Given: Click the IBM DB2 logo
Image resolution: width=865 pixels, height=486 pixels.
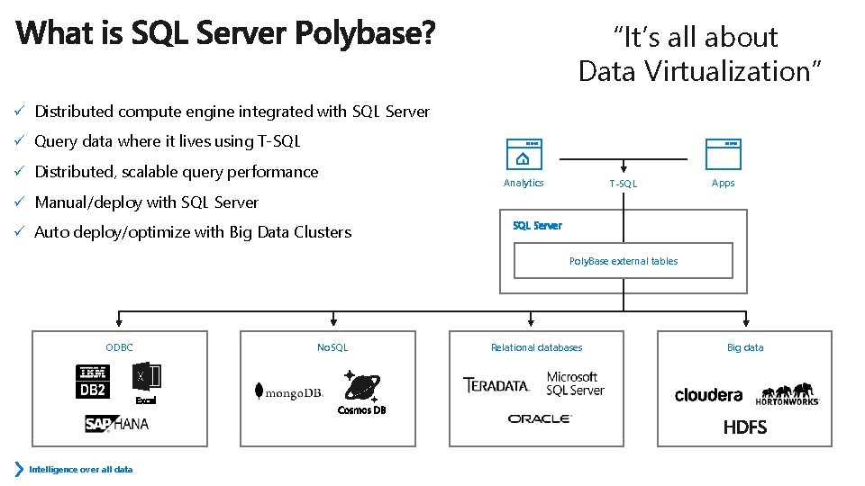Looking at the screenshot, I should point(92,381).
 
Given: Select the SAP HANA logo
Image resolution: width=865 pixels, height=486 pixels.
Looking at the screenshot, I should point(117,423).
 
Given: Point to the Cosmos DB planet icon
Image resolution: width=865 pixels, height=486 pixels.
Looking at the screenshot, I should point(362,387).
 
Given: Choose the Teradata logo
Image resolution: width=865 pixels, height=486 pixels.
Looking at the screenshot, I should point(496,385).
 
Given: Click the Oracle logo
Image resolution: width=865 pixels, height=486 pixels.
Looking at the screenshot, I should point(539,418).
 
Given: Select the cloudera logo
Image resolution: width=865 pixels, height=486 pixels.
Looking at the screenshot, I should point(708,395).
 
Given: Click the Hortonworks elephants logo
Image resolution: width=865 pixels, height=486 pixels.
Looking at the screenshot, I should point(788,395).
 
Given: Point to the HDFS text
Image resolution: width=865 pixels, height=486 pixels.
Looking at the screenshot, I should point(745,427).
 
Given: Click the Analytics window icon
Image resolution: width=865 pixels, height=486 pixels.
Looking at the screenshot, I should point(524,155).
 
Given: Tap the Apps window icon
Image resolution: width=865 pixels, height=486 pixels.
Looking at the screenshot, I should point(723,155).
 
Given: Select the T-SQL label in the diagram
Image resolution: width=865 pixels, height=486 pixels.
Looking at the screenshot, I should point(623,184).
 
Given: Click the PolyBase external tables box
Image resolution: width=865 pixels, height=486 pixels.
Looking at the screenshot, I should point(623,261).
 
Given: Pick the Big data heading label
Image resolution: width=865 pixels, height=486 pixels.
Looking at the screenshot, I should point(745,347).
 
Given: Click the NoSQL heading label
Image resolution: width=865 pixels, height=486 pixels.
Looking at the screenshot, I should point(332,347).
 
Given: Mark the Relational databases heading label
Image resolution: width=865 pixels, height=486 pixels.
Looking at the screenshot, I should point(536,347).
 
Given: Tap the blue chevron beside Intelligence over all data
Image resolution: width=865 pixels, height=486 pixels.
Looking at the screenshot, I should point(20,469).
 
